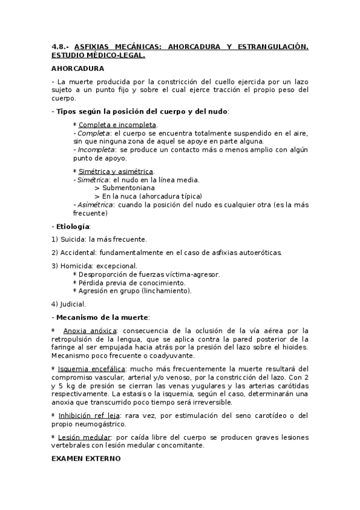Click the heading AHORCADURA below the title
(77, 68)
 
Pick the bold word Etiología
(72, 226)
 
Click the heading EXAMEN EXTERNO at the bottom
(86, 458)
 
